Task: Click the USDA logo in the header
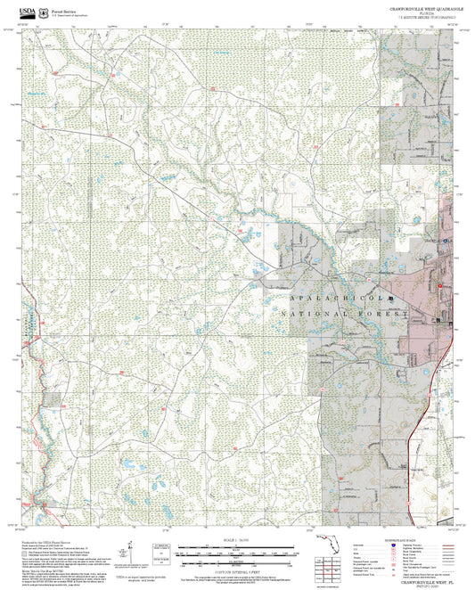[x=29, y=12]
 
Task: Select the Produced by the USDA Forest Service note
[x=53, y=539]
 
